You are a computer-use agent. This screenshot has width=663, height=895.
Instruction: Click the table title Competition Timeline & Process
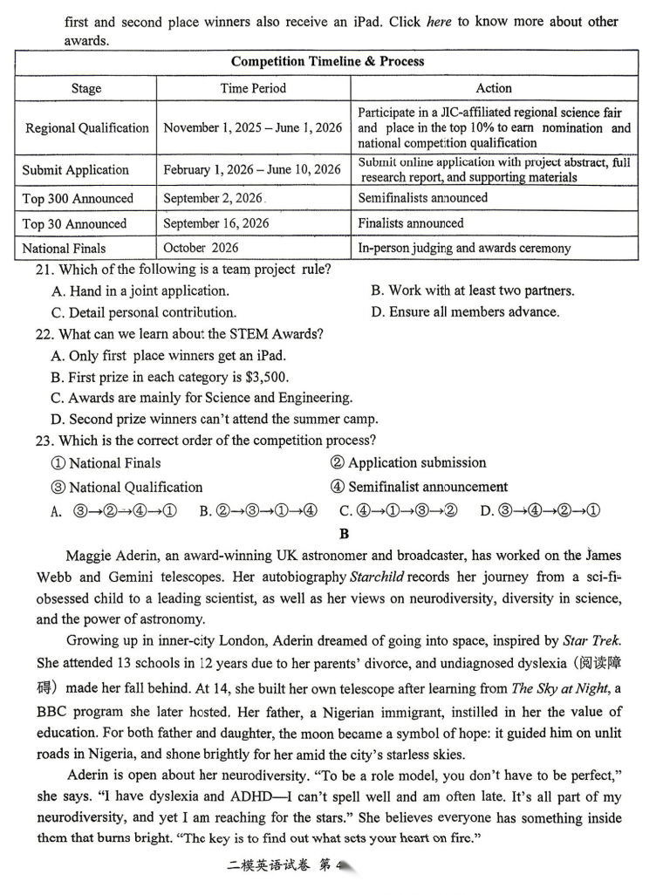tap(327, 61)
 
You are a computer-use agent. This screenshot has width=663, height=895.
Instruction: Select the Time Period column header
tap(253, 88)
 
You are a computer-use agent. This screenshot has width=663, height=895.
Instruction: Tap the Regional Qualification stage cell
tap(87, 127)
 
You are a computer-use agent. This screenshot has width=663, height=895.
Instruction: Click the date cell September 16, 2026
tap(216, 223)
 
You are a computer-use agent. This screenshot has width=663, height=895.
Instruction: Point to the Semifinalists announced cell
tap(423, 198)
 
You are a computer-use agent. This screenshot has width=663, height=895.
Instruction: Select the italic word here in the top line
tap(439, 22)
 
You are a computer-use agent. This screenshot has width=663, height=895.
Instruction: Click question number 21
tap(44, 270)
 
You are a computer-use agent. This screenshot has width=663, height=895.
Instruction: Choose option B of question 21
tap(472, 290)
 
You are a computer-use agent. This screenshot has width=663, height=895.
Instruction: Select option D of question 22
tap(214, 419)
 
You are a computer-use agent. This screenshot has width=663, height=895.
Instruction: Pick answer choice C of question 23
tap(398, 510)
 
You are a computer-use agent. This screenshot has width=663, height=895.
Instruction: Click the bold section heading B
tap(345, 534)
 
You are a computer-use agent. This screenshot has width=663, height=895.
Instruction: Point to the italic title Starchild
tap(377, 577)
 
